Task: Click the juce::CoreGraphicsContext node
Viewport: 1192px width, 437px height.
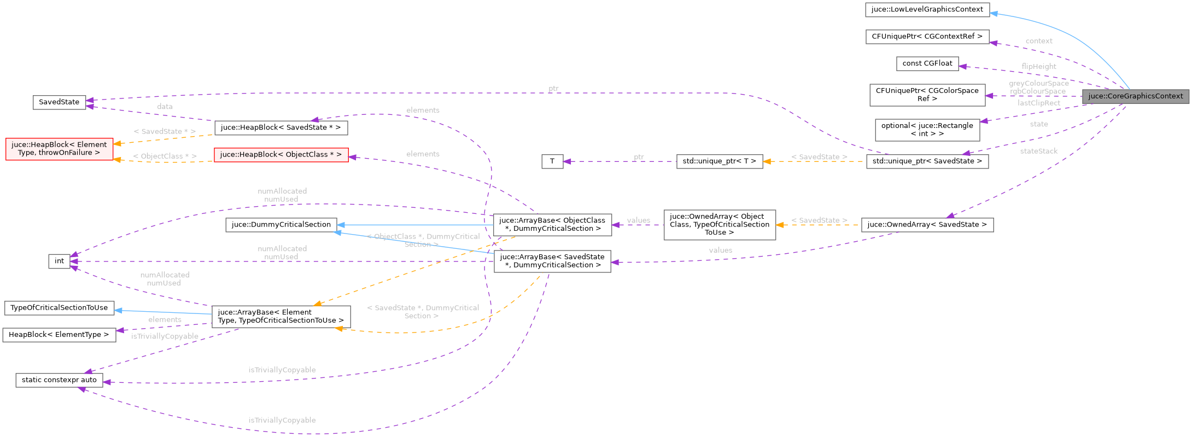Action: [1135, 96]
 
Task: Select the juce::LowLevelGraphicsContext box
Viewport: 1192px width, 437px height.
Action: [927, 9]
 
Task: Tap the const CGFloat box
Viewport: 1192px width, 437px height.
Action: [927, 63]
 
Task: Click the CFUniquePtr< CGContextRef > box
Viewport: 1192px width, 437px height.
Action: [927, 37]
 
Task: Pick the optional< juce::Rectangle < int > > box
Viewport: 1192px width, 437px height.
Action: [927, 130]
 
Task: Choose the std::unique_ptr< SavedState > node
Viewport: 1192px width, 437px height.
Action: [927, 161]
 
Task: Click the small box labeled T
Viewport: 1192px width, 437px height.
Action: [552, 161]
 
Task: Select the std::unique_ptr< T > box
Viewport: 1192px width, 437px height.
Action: [719, 161]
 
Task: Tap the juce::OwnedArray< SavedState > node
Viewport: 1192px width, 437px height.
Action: [927, 225]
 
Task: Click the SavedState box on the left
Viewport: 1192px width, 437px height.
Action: [59, 102]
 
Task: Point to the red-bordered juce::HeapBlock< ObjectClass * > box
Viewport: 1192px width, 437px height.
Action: [281, 155]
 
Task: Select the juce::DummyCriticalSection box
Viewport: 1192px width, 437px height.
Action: [281, 225]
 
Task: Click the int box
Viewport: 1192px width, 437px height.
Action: [59, 261]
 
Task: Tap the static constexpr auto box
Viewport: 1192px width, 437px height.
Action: [59, 380]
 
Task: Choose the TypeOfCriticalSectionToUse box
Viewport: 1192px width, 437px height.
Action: [59, 308]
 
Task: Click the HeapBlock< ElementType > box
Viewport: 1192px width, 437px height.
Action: [59, 335]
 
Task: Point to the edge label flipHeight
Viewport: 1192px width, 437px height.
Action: [1038, 67]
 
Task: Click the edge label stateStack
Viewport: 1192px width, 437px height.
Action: [1038, 152]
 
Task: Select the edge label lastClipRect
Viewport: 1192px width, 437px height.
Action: [1038, 103]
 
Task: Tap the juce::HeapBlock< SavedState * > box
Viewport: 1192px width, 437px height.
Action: [281, 128]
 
